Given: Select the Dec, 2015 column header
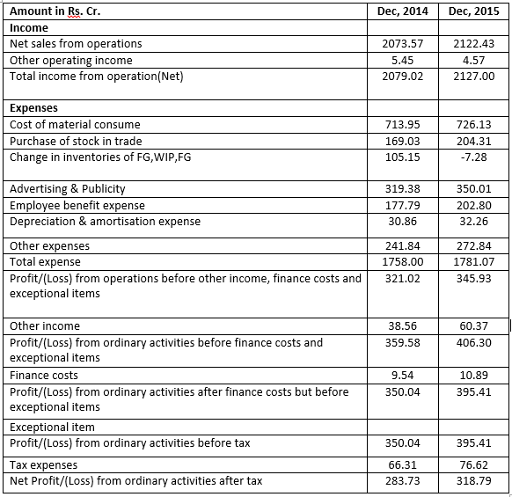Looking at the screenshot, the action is (x=471, y=11).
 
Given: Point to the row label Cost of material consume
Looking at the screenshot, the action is (x=75, y=125).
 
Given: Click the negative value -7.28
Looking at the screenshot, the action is (x=473, y=157).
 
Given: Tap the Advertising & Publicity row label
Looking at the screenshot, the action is (x=68, y=189).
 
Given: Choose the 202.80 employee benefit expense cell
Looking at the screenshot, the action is (x=473, y=205).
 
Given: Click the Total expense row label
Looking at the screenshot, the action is (x=45, y=261).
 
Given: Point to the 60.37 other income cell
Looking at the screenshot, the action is (x=473, y=325).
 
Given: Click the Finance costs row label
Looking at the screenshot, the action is (x=44, y=376).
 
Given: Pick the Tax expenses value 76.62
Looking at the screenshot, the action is (x=473, y=464).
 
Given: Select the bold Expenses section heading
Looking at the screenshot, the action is (x=33, y=108).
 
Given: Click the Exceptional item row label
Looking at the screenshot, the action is (x=51, y=427).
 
